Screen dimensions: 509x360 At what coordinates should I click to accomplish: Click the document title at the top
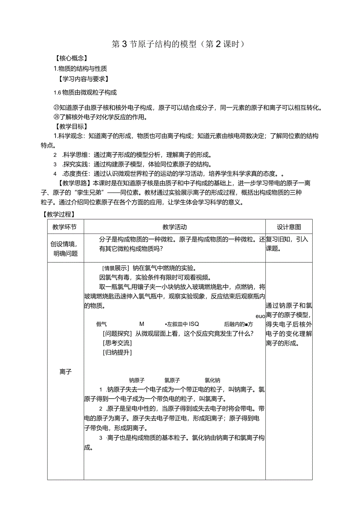click(x=178, y=44)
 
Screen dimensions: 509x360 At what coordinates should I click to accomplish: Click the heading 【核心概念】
click(x=70, y=58)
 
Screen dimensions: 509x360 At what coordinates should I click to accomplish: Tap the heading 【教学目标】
click(x=70, y=126)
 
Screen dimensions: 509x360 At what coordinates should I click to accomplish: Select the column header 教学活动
click(x=175, y=227)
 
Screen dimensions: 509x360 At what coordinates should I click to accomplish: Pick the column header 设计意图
click(x=289, y=227)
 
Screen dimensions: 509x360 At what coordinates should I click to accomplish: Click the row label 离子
click(x=65, y=372)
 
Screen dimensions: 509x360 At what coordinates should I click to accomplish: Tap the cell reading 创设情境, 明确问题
click(x=65, y=248)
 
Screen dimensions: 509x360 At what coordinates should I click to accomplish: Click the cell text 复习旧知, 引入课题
click(x=288, y=244)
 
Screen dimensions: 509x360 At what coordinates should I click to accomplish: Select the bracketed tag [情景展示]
click(x=115, y=268)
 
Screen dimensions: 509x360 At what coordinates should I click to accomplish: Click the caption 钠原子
click(x=137, y=380)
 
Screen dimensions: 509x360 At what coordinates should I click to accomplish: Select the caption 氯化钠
click(x=212, y=380)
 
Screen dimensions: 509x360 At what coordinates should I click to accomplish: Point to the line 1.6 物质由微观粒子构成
click(x=85, y=93)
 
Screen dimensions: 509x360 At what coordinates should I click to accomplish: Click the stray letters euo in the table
click(x=260, y=316)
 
